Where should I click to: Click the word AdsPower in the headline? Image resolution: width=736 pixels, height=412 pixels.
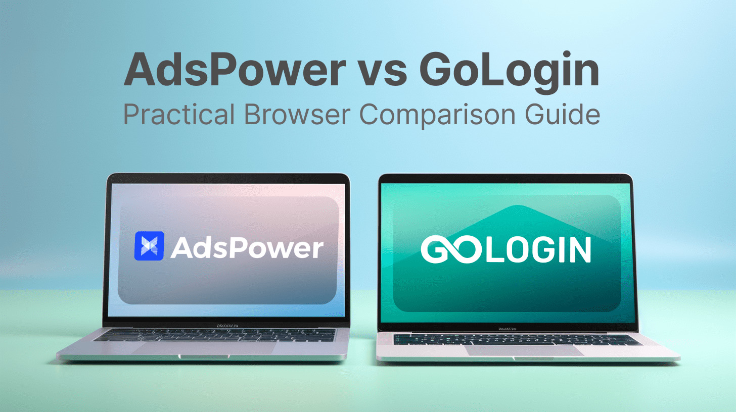tap(235, 70)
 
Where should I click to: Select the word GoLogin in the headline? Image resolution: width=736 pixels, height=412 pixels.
tap(510, 72)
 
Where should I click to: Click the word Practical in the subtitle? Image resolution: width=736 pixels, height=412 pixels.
tap(179, 114)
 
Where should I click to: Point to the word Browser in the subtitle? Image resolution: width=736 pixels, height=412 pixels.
tap(297, 114)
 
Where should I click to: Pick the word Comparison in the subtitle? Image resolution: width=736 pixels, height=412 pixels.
tap(437, 116)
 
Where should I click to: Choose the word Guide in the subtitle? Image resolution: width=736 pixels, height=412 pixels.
tap(563, 114)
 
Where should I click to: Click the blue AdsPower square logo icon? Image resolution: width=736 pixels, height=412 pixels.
tap(149, 246)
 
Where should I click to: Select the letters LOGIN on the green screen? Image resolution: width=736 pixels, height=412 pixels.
tap(538, 249)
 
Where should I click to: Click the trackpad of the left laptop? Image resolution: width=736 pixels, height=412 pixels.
tap(204, 348)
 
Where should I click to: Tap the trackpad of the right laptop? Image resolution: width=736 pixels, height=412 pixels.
tap(524, 350)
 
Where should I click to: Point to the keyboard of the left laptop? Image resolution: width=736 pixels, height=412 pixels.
tap(215, 335)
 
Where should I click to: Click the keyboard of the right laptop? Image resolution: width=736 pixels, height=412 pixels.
tap(518, 340)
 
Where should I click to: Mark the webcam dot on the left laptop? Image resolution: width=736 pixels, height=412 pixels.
tap(228, 180)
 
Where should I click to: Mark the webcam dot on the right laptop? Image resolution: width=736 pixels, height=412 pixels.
tap(507, 179)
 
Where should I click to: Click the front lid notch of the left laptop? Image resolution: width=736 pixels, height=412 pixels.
tap(204, 356)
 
